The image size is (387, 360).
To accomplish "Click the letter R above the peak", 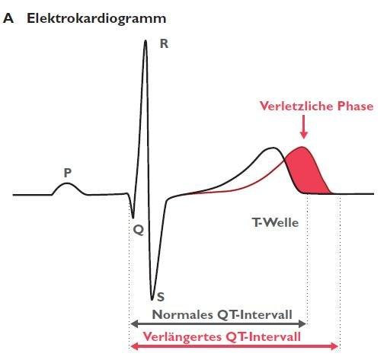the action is pyautogui.click(x=164, y=44).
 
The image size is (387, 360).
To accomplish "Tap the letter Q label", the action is pyautogui.click(x=139, y=231).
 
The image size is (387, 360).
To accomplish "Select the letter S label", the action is pyautogui.click(x=161, y=297).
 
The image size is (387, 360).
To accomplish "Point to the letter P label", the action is pyautogui.click(x=68, y=173).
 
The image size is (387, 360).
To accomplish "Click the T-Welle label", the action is pyautogui.click(x=275, y=223).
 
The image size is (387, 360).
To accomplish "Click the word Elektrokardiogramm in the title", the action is pyautogui.click(x=97, y=18).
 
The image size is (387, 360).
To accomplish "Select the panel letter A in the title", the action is pyautogui.click(x=8, y=18).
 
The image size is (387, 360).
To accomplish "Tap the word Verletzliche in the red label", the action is pyautogui.click(x=296, y=106).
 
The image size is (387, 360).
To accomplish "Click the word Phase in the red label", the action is pyautogui.click(x=355, y=106).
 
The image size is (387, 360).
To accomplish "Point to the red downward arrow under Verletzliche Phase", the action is pyautogui.click(x=304, y=127).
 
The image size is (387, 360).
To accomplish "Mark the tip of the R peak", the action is pyautogui.click(x=146, y=40).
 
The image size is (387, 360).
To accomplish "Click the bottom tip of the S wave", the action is pyautogui.click(x=152, y=300).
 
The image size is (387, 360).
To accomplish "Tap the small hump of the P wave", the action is pyautogui.click(x=66, y=183).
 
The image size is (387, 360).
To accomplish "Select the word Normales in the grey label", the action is pyautogui.click(x=182, y=315).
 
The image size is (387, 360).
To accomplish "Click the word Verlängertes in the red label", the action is pyautogui.click(x=182, y=337).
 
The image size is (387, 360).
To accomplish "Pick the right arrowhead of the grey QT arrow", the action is pyautogui.click(x=302, y=323).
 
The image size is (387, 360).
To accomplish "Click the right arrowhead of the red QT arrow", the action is pyautogui.click(x=334, y=346).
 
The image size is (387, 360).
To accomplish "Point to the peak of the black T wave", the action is pyautogui.click(x=273, y=148).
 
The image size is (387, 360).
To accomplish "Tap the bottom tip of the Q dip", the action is pyautogui.click(x=133, y=218).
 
